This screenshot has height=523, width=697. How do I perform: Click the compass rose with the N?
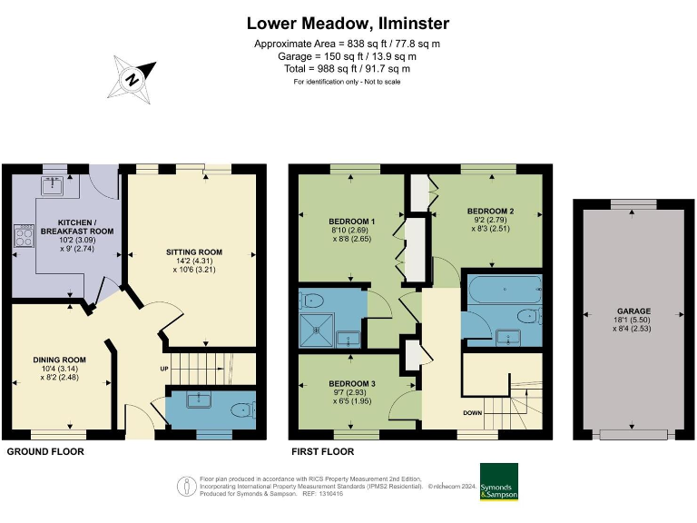133,77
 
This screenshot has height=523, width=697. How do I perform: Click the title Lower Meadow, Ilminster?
348,23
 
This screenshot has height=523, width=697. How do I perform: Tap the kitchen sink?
49,187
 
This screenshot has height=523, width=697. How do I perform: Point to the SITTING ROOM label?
193,252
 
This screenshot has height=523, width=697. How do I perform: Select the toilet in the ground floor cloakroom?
241,410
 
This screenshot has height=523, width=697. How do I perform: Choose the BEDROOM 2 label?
491,212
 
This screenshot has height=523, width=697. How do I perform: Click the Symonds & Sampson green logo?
498,481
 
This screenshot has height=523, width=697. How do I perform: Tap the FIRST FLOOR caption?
322,451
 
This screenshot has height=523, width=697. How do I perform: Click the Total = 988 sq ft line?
348,69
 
